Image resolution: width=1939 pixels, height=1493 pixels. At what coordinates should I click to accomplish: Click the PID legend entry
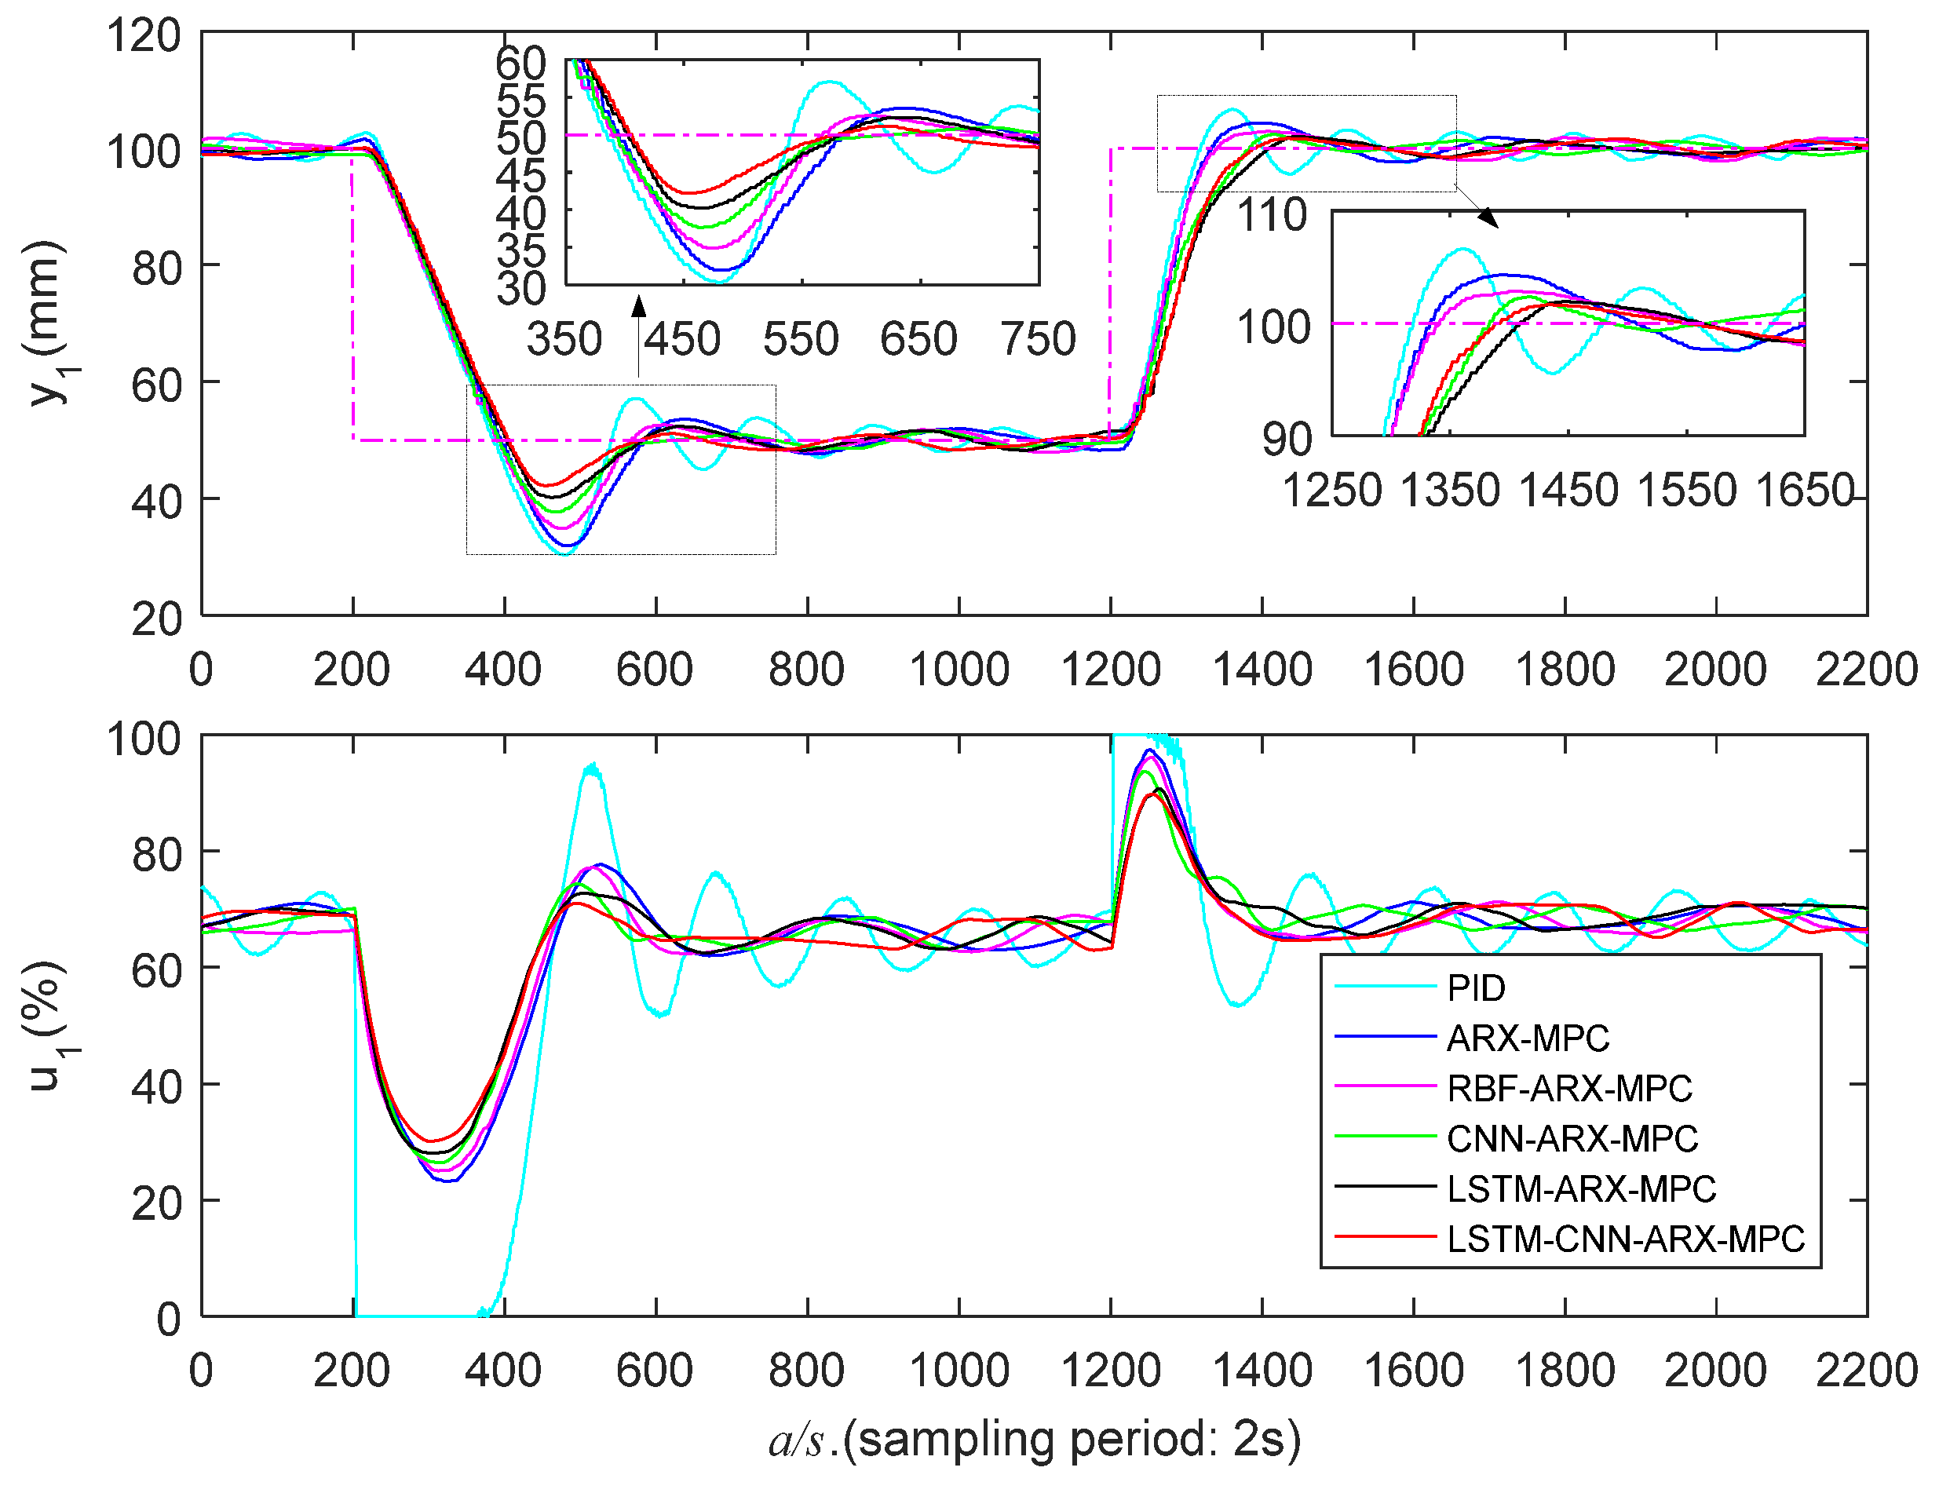point(1476,988)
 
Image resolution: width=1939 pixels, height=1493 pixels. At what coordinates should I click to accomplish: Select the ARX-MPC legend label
point(1527,1038)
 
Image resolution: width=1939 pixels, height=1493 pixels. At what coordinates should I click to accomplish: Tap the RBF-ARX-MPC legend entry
point(1568,1088)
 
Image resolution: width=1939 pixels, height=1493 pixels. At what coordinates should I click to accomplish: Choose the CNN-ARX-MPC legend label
point(1572,1138)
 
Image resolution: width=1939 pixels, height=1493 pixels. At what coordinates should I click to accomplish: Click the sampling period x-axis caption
point(1035,1440)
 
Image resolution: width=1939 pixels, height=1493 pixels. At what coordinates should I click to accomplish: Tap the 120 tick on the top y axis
point(144,36)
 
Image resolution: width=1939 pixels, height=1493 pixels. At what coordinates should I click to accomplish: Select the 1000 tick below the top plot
point(959,670)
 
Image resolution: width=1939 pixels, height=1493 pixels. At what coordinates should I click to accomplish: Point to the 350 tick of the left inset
point(564,340)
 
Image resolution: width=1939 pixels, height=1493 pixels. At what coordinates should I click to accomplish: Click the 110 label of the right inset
point(1273,216)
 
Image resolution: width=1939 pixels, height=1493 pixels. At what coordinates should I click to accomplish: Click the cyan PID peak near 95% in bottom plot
point(590,765)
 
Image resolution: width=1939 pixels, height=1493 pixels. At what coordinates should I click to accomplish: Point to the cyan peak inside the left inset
point(829,82)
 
